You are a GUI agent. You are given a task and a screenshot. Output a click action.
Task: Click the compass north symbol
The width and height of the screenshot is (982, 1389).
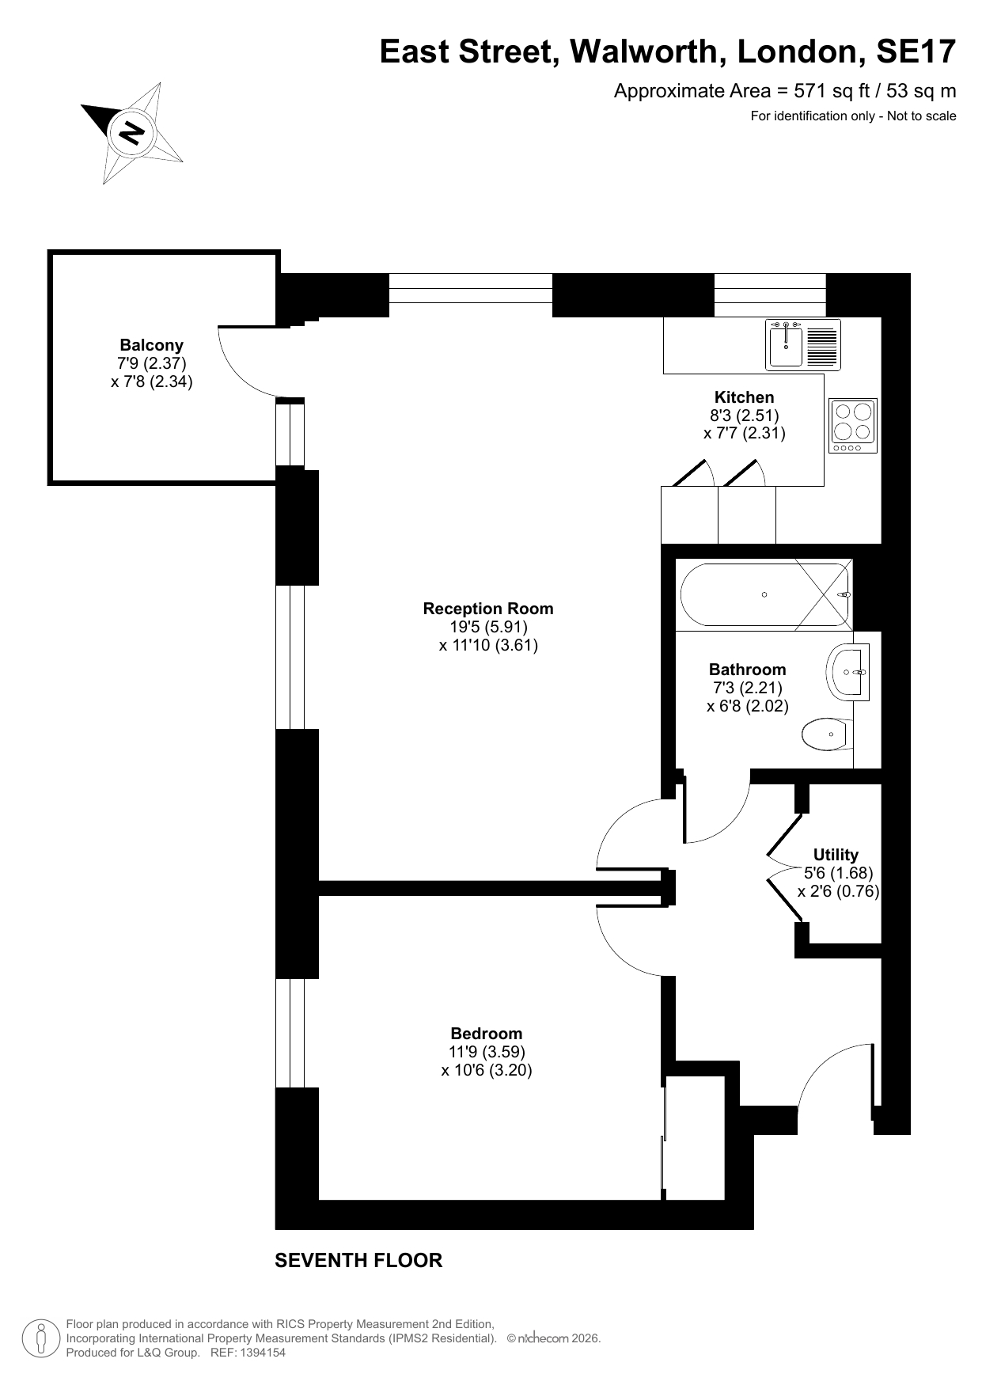click(131, 132)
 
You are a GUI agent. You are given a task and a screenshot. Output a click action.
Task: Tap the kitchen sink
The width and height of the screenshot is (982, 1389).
click(803, 344)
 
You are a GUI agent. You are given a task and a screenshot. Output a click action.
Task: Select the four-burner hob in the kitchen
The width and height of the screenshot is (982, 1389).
click(852, 426)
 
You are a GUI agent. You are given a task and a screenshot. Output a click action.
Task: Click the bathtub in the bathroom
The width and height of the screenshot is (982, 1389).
click(764, 594)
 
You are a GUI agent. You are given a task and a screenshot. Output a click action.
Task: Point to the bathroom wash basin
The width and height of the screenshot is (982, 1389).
click(848, 672)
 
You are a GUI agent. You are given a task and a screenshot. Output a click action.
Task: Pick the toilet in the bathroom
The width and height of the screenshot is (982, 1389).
click(827, 734)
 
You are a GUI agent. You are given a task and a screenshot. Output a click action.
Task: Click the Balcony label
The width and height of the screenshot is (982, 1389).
click(151, 345)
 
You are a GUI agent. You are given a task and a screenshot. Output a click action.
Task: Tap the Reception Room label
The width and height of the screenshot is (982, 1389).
click(488, 609)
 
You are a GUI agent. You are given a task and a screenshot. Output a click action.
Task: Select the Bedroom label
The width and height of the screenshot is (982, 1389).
click(487, 1034)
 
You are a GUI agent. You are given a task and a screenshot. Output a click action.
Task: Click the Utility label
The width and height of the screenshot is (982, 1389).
click(836, 855)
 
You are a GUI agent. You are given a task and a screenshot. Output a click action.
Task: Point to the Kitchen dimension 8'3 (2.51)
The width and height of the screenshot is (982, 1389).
click(745, 416)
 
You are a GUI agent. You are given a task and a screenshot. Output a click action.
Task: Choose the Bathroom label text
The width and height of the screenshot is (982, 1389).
click(748, 670)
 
